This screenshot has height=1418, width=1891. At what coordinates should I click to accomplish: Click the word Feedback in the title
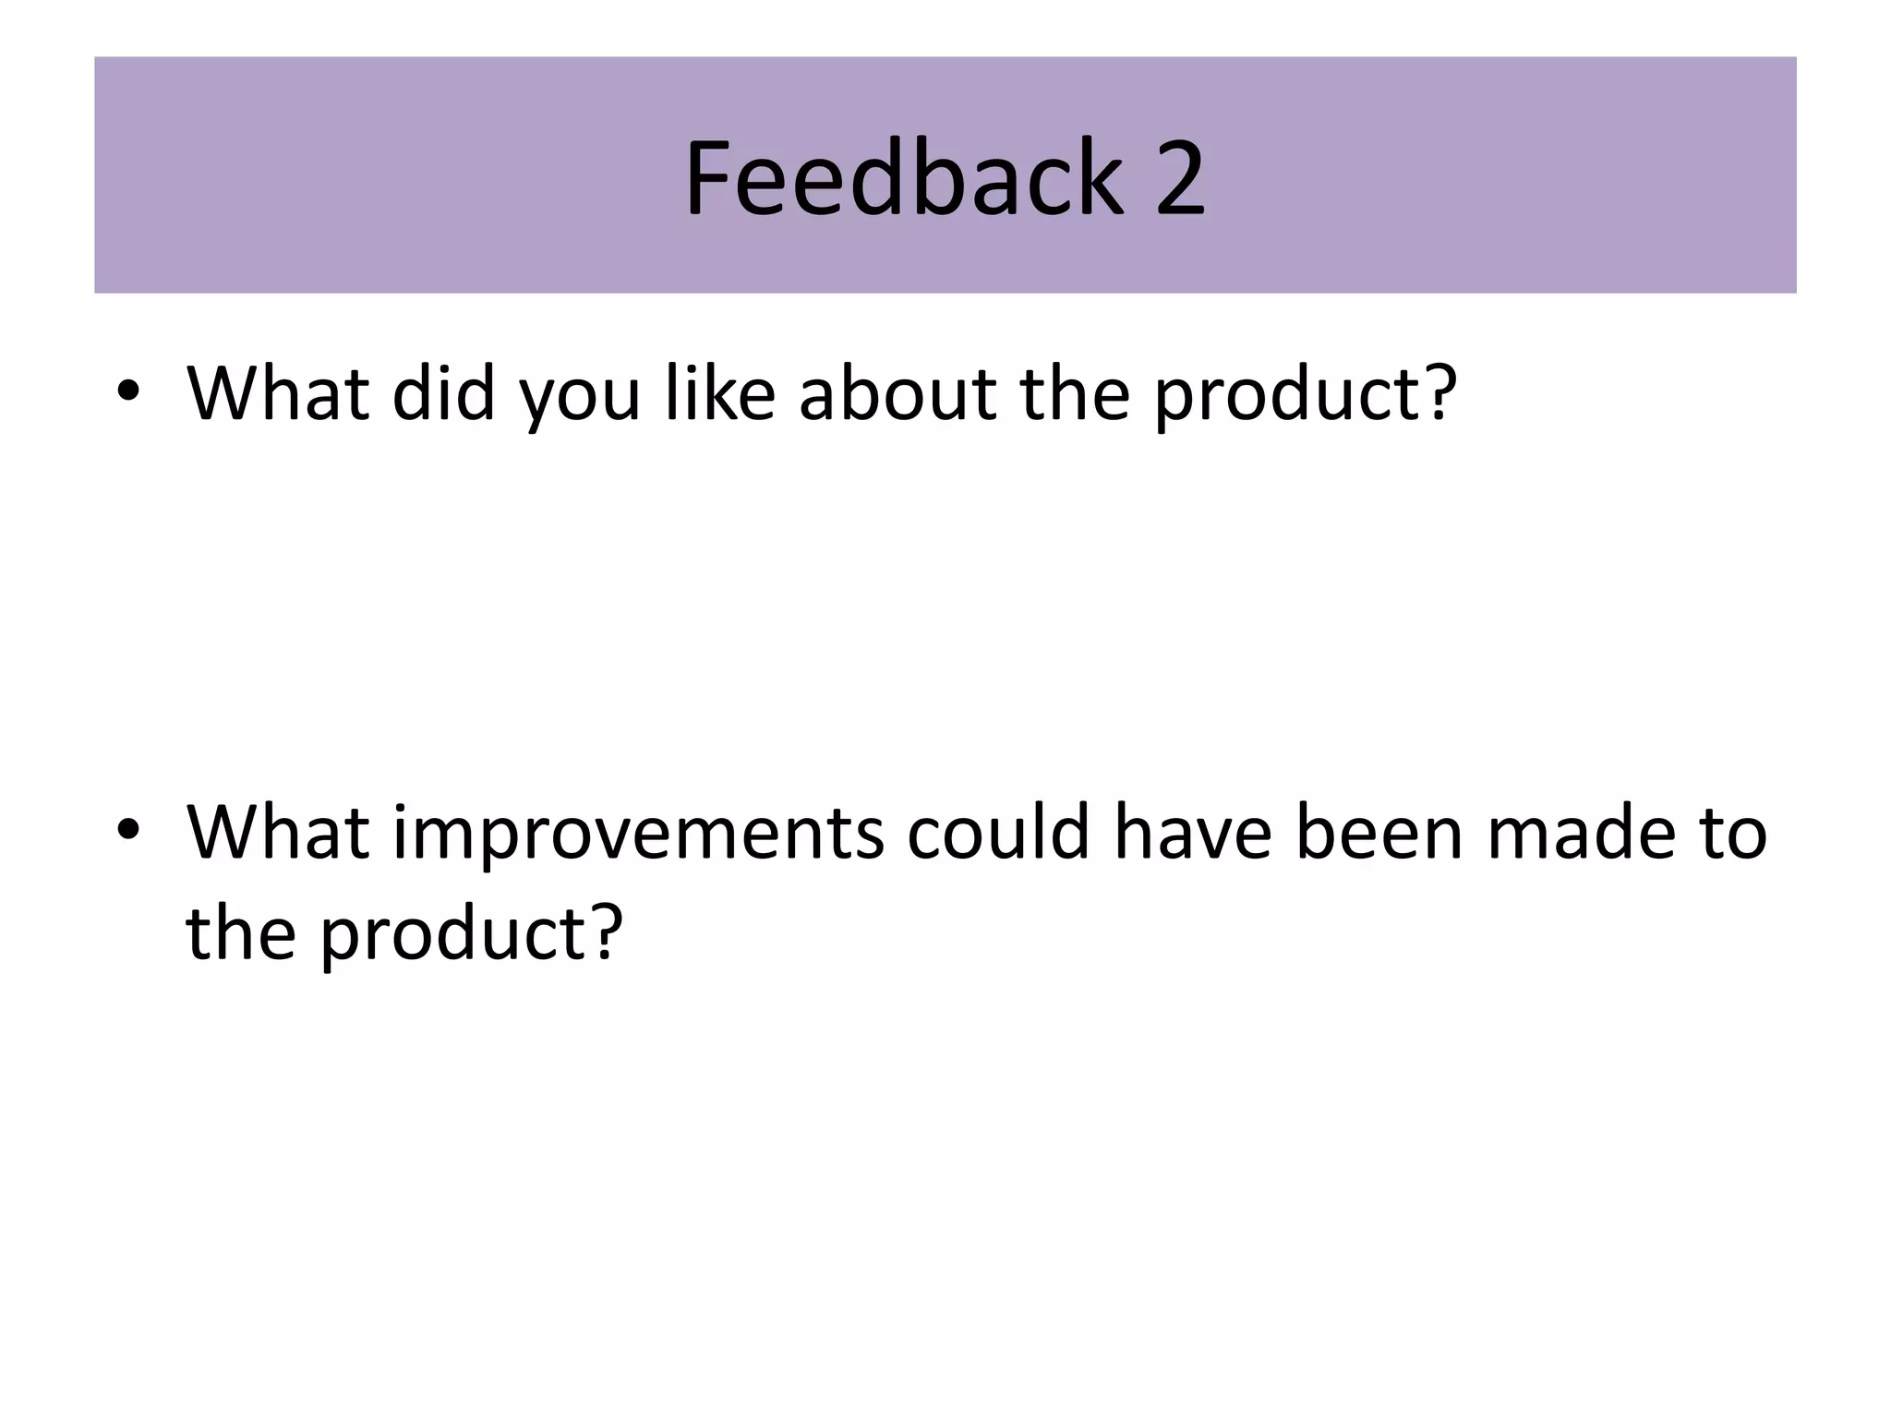click(x=903, y=177)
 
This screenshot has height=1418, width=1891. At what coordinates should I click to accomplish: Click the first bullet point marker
click(x=127, y=391)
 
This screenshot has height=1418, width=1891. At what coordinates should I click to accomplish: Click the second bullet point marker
click(x=127, y=830)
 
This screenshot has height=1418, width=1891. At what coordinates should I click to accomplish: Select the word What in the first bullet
click(x=278, y=393)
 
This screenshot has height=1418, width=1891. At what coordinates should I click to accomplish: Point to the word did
click(x=443, y=393)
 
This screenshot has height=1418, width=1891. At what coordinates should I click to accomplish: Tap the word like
click(x=720, y=393)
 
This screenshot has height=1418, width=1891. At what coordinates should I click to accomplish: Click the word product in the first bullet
click(x=1283, y=397)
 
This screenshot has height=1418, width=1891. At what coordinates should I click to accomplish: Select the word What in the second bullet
click(x=278, y=832)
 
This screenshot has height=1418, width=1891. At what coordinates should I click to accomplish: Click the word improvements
click(x=638, y=835)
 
